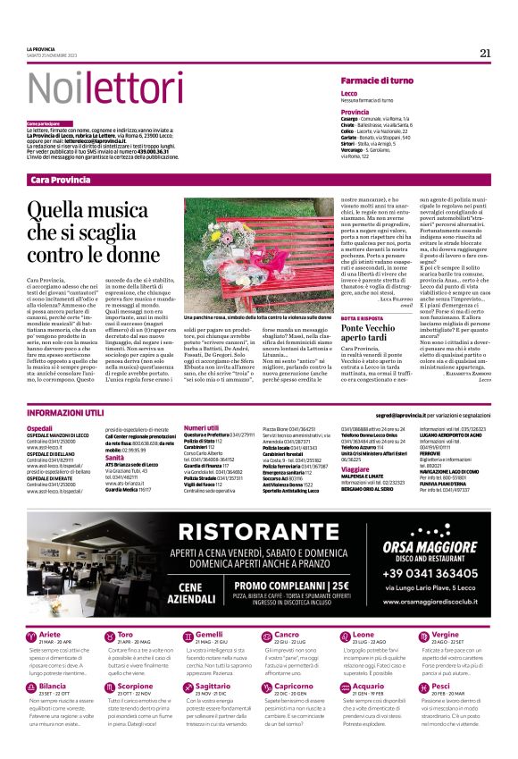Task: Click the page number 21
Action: tap(485, 53)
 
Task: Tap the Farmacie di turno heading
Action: tap(376, 81)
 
